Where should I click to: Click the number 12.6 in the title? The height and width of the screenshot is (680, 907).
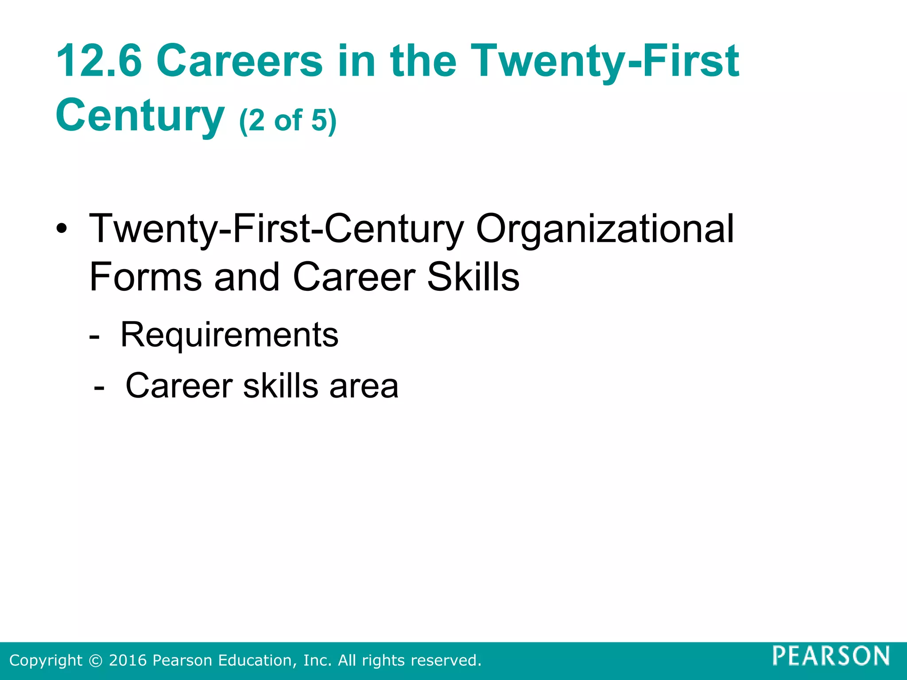coord(99,61)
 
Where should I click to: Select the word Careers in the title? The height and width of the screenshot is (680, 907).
coord(240,61)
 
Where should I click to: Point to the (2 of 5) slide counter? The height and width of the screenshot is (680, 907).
coord(288,120)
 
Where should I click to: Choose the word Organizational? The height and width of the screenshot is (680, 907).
coord(605,229)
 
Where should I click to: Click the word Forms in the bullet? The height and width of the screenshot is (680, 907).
coord(146,277)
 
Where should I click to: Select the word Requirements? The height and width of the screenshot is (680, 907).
coord(229,335)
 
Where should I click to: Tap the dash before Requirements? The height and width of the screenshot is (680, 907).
coord(94,336)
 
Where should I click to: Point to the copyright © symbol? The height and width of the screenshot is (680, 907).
coord(95,661)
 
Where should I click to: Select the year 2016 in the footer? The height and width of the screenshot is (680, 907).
coord(128,661)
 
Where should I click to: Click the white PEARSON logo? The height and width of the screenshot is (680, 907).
coord(831,656)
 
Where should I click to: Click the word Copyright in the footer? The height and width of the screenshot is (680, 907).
coord(46,661)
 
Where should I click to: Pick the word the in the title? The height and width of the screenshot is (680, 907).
coord(423,61)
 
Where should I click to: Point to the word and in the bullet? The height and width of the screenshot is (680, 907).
coord(247,277)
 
